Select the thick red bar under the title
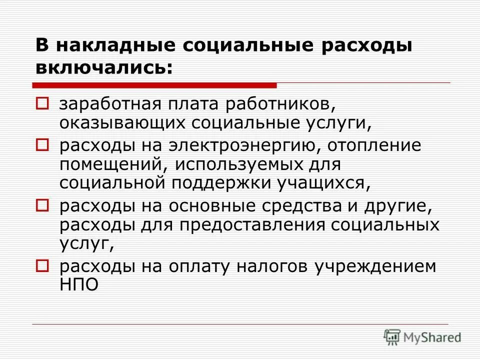pyautogui.click(x=154, y=85)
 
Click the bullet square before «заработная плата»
pyautogui.click(x=42, y=104)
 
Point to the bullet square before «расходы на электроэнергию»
pyautogui.click(x=42, y=145)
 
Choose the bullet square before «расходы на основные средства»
pyautogui.click(x=42, y=204)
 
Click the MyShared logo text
pyautogui.click(x=432, y=336)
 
